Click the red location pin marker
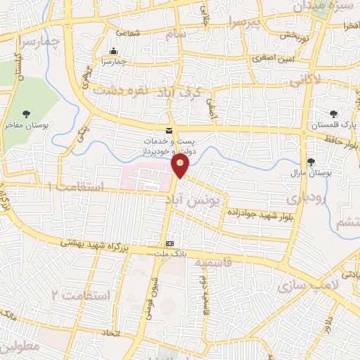pyautogui.click(x=181, y=166)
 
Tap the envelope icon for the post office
pyautogui.click(x=168, y=131)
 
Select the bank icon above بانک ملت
pyautogui.click(x=169, y=243)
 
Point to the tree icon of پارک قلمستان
pyautogui.click(x=334, y=114)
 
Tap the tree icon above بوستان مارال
pyautogui.click(x=310, y=162)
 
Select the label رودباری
pyautogui.click(x=307, y=199)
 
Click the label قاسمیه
pyautogui.click(x=207, y=262)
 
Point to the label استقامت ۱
pyautogui.click(x=76, y=188)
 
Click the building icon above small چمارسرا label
pyautogui.click(x=114, y=51)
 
